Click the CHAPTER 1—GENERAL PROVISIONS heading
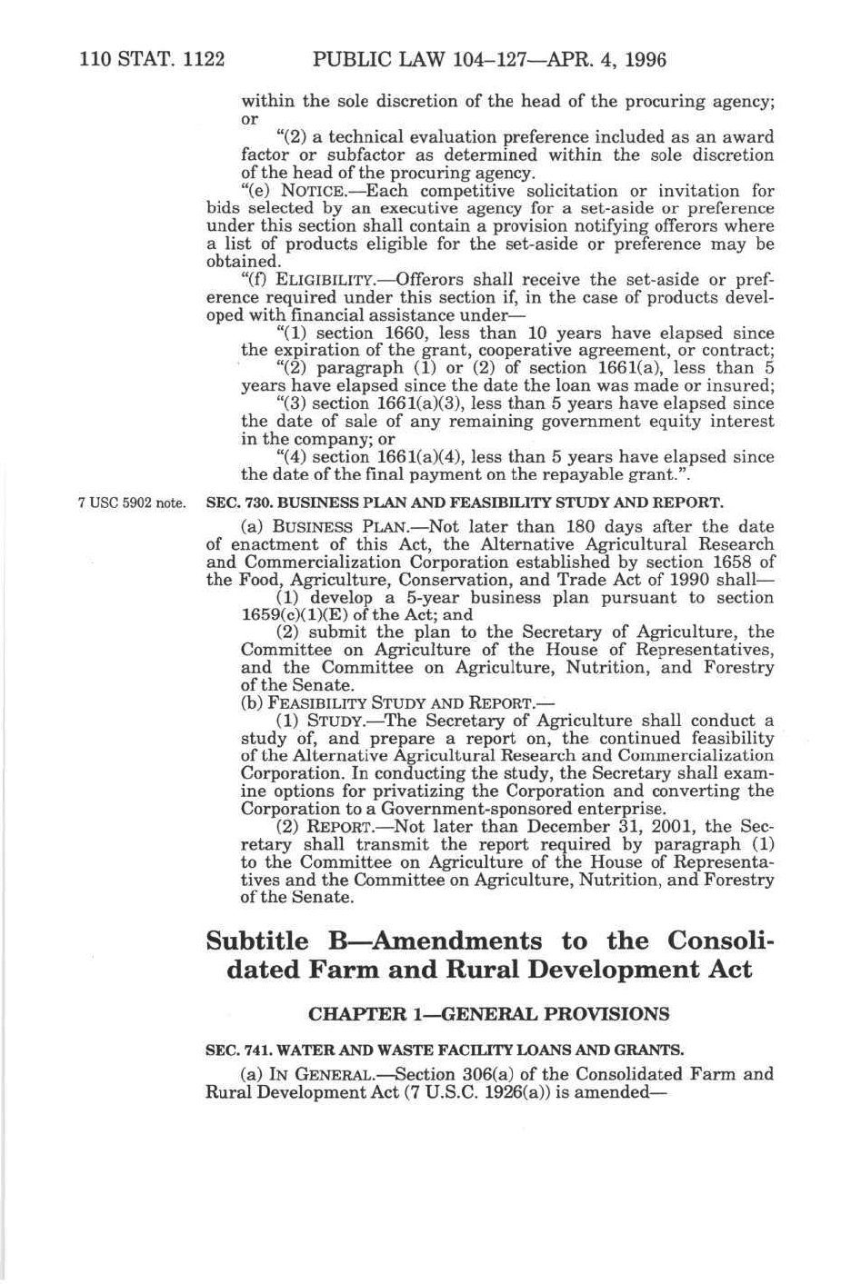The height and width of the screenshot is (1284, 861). (x=489, y=1013)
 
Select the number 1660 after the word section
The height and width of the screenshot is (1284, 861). (x=390, y=333)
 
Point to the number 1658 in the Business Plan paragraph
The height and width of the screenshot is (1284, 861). (x=730, y=562)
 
